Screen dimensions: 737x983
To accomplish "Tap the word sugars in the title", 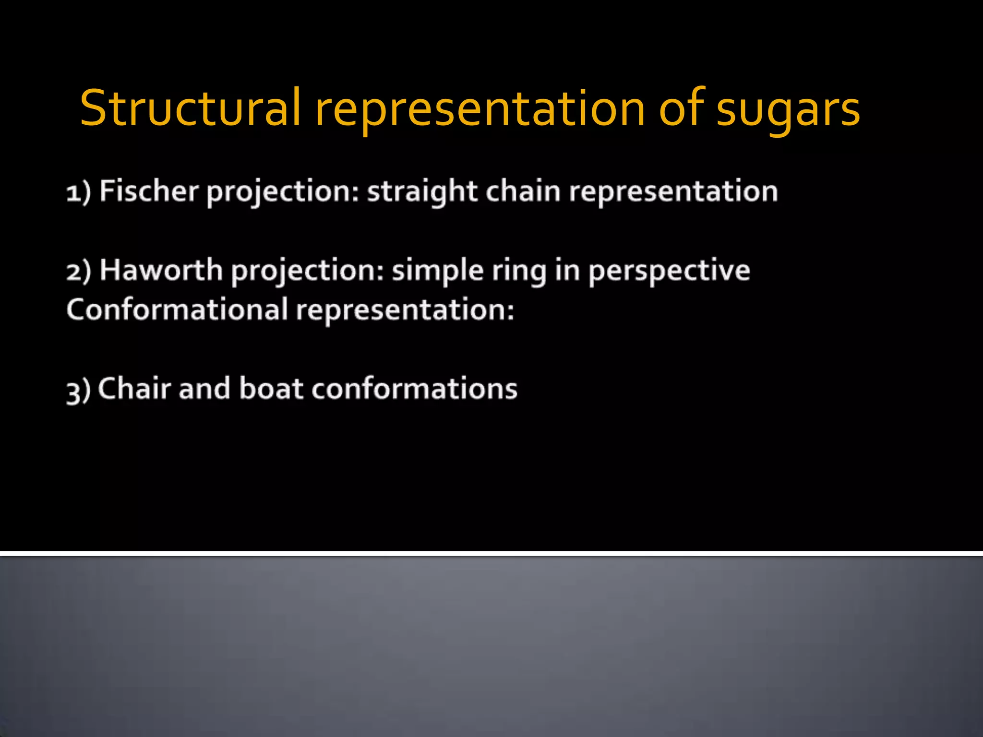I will (788, 111).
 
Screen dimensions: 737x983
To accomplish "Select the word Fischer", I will (149, 191).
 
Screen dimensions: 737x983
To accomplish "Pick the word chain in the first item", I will (523, 191).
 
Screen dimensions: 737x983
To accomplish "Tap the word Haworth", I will (161, 270).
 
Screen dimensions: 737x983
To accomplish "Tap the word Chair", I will (135, 388).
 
